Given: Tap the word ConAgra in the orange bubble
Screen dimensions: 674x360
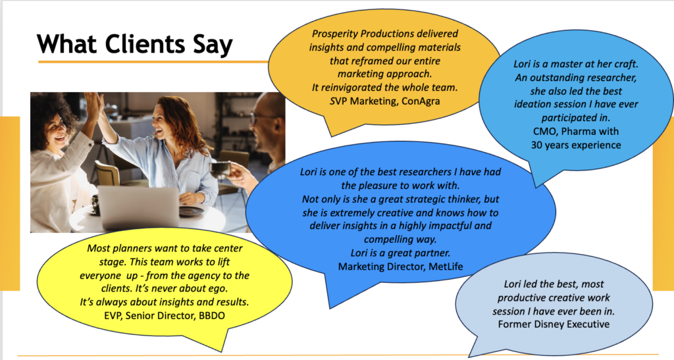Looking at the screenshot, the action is point(421,101).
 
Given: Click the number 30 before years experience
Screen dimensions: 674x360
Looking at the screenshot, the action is point(536,145).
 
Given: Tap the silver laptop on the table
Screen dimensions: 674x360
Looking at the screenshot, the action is point(138,207).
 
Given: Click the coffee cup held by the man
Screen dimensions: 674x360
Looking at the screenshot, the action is point(220,170).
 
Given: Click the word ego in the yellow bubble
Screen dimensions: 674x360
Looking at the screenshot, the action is point(219,289).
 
